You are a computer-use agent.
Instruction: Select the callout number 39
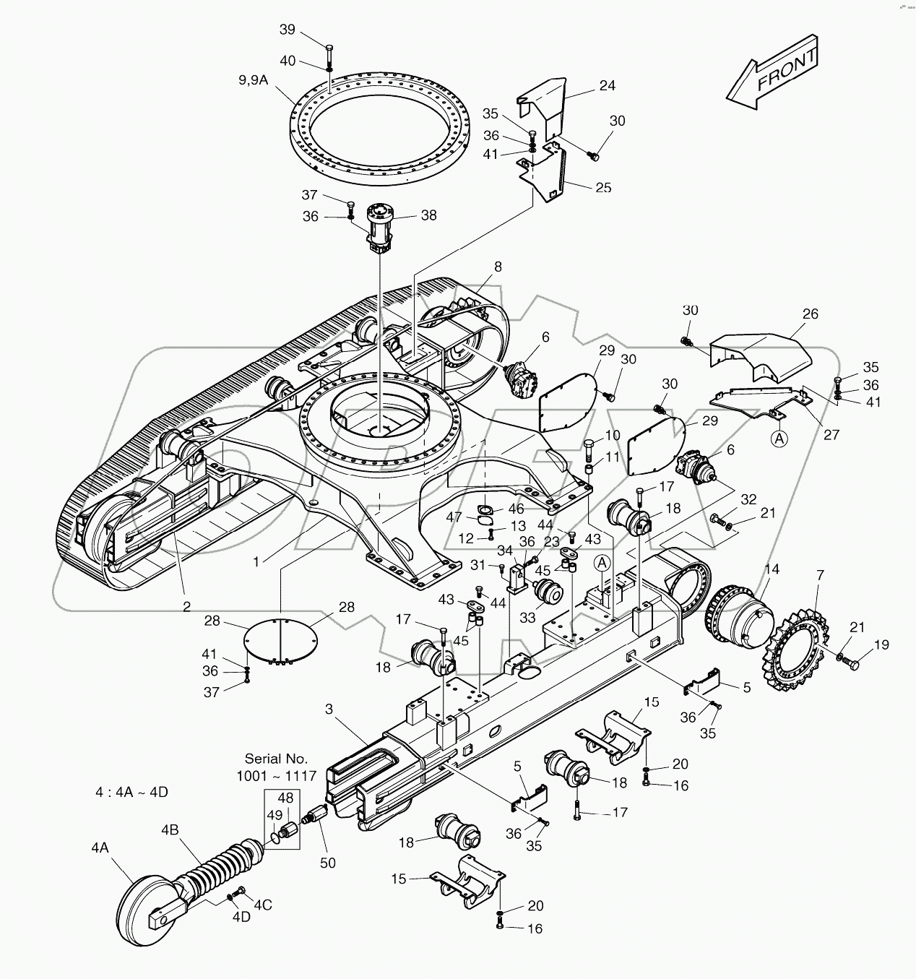(x=288, y=29)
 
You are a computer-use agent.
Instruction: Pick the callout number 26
(x=810, y=314)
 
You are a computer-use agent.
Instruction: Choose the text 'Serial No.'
(x=276, y=759)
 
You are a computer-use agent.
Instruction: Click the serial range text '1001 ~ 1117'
(x=276, y=775)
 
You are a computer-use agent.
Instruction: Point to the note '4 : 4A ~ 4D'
(x=131, y=792)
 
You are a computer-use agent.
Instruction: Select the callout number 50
(x=327, y=863)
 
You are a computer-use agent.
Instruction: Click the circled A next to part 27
(x=779, y=438)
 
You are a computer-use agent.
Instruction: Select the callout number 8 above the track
(x=497, y=266)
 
